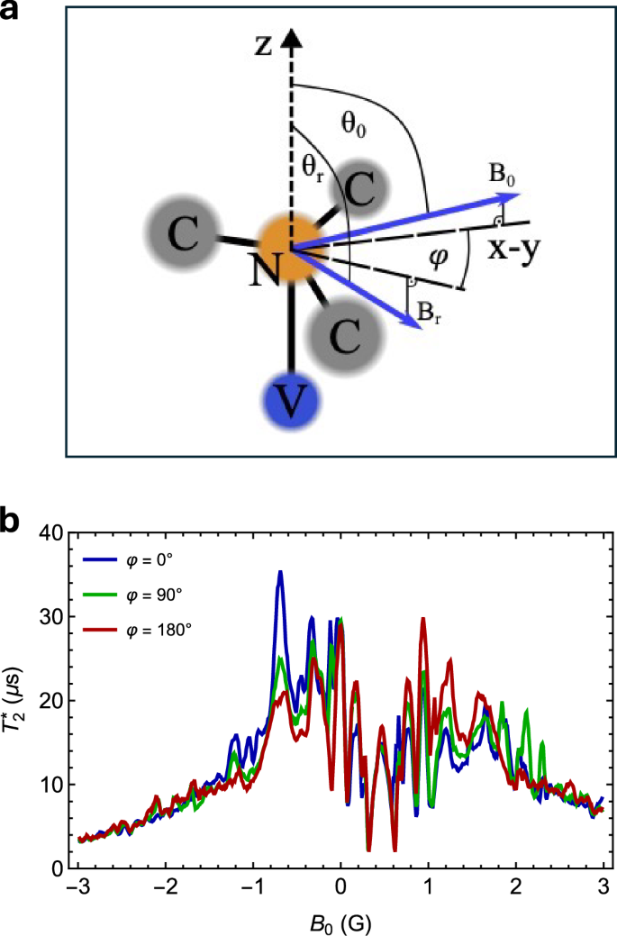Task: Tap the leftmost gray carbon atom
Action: pyautogui.click(x=182, y=236)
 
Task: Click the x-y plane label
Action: pyautogui.click(x=513, y=252)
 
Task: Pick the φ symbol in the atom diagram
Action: pyautogui.click(x=413, y=258)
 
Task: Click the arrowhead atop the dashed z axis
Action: pyautogui.click(x=290, y=38)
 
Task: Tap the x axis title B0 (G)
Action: pyautogui.click(x=340, y=922)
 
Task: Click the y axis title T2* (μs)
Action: pyautogui.click(x=15, y=700)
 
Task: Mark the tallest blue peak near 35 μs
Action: pyautogui.click(x=280, y=572)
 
